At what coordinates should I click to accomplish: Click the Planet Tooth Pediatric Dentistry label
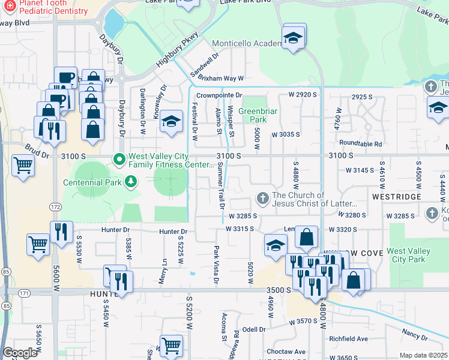52,7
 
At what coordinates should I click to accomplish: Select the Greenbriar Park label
256,115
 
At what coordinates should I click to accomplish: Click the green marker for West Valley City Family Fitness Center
119,159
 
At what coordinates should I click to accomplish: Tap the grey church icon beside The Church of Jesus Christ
262,199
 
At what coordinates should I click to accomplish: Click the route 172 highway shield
55,206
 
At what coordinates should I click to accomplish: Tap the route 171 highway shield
23,293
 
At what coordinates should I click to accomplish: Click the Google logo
20,353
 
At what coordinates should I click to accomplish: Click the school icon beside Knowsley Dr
171,121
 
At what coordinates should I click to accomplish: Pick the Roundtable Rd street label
360,144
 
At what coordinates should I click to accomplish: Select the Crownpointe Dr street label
218,95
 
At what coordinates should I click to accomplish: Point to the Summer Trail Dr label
221,188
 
